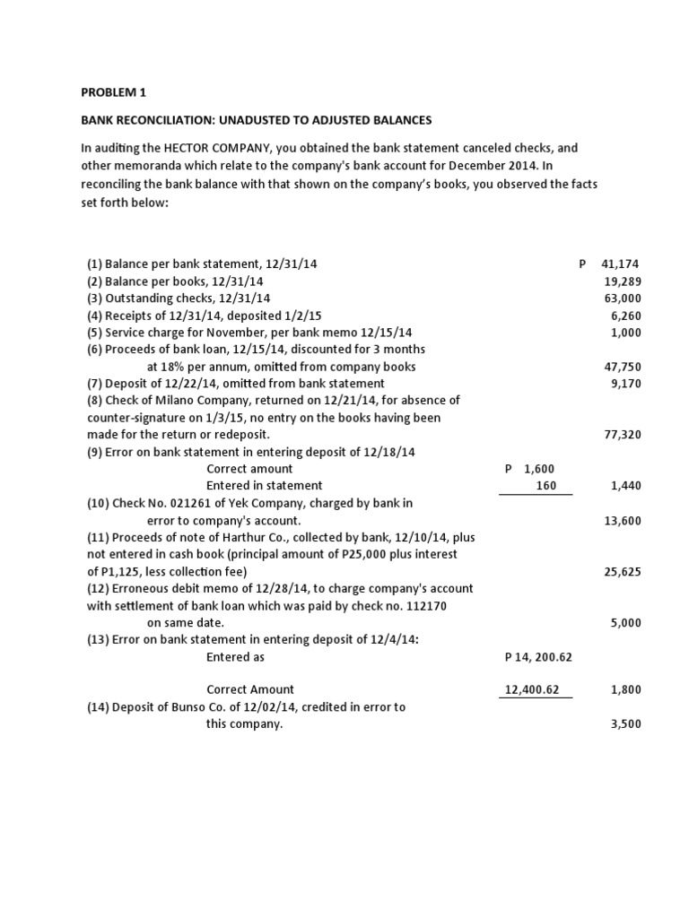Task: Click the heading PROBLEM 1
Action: [114, 91]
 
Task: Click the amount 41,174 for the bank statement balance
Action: [622, 264]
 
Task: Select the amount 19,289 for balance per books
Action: [624, 281]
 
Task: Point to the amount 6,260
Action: [626, 316]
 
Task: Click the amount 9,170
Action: [626, 384]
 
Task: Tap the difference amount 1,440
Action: [626, 486]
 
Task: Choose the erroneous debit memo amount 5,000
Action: [626, 623]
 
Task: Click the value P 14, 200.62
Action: [538, 657]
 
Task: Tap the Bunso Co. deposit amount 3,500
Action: [626, 724]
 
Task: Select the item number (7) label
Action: [95, 384]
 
